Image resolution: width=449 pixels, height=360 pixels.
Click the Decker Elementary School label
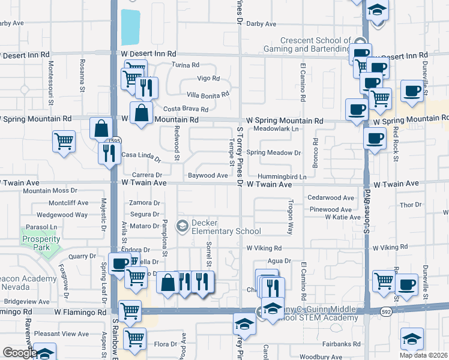(226, 227)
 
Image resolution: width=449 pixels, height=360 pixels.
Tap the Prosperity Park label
(41, 243)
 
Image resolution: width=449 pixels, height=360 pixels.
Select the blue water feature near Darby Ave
(130, 27)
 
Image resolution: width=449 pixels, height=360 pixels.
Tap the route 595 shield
(115, 141)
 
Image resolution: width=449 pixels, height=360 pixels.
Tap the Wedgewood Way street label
(62, 214)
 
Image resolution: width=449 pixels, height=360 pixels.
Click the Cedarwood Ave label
(331, 197)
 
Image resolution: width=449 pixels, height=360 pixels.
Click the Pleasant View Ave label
(61, 334)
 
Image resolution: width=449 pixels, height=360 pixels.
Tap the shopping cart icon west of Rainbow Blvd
(64, 142)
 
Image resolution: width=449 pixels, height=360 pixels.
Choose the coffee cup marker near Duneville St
(412, 91)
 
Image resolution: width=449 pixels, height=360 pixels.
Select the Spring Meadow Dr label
(273, 153)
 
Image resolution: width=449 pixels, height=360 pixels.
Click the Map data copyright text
(423, 355)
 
